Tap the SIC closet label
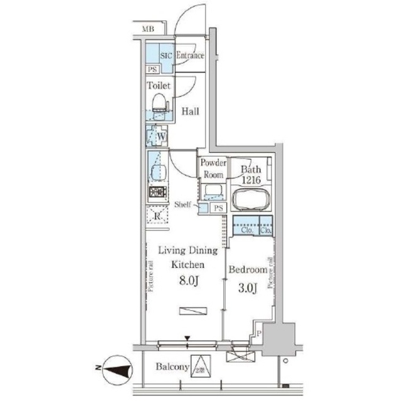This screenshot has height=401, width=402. click(x=166, y=56)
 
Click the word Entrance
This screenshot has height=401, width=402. click(x=190, y=56)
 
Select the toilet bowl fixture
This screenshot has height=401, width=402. click(x=160, y=103)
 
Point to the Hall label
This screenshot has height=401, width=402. click(x=191, y=112)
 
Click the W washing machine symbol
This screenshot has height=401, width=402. click(x=160, y=136)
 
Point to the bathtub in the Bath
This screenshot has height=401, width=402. click(x=251, y=200)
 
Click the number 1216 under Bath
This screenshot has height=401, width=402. click(x=251, y=180)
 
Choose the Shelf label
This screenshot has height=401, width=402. click(x=182, y=204)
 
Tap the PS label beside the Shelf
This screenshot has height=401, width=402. click(x=218, y=208)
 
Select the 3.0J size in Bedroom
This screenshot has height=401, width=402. click(x=248, y=288)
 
